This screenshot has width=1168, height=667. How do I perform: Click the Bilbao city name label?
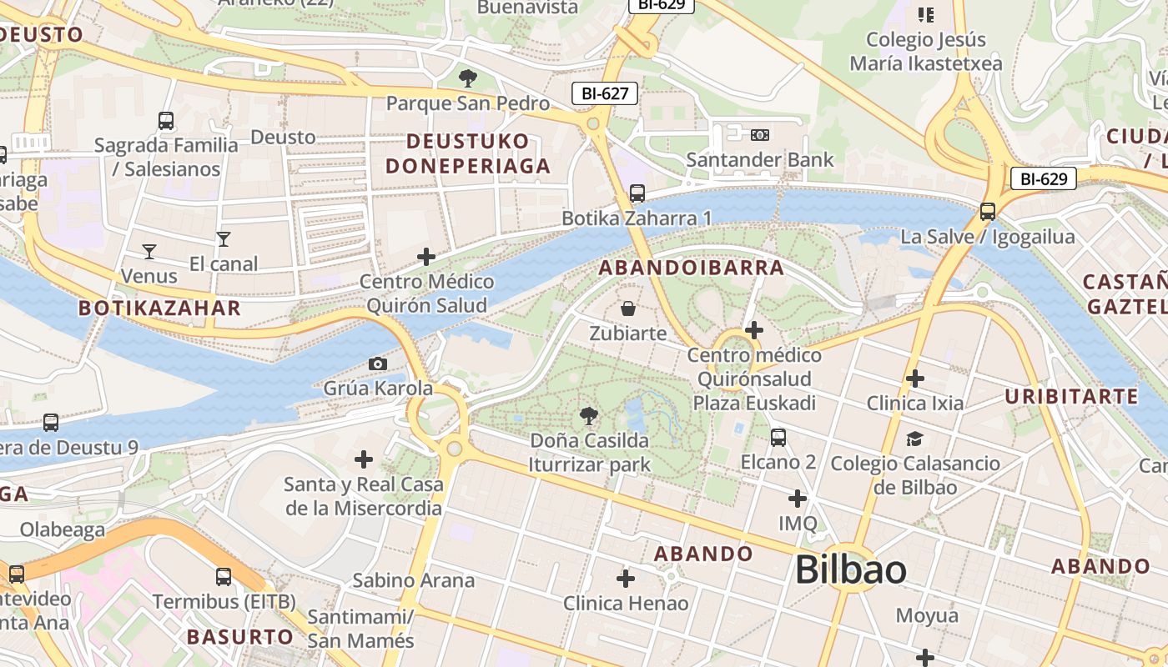tap(850, 570)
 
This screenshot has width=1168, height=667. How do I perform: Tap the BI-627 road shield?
tap(605, 93)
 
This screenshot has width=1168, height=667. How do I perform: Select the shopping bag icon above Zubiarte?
tap(628, 308)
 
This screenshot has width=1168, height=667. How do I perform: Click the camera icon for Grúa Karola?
tap(378, 364)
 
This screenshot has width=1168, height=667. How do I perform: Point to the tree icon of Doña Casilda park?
tap(589, 415)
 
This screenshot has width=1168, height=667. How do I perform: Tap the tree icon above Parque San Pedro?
tap(467, 78)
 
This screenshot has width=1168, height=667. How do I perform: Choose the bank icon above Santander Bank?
tap(759, 134)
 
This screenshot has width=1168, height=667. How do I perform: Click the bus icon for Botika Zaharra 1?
tap(637, 193)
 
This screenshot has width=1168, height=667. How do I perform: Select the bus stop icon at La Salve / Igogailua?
tap(988, 212)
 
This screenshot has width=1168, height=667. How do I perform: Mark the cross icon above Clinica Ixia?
tap(915, 379)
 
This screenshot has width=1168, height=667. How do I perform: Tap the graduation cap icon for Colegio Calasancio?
tap(915, 439)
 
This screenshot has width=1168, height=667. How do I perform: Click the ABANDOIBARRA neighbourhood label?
tap(692, 268)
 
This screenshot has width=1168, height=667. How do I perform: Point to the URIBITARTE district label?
tap(1071, 396)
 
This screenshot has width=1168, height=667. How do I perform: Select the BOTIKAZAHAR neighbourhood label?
tap(159, 308)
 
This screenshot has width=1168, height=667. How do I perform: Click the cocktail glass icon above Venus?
tap(149, 250)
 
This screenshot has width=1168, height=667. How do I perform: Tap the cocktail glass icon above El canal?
tap(223, 239)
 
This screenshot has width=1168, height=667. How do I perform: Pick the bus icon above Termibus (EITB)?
tap(223, 576)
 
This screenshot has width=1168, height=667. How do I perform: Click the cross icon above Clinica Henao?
tap(626, 578)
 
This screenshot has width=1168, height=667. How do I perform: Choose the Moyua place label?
tap(926, 616)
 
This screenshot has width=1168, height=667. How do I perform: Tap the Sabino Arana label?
tap(413, 580)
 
